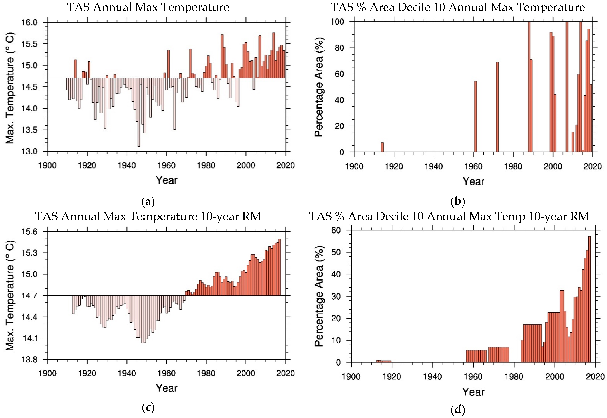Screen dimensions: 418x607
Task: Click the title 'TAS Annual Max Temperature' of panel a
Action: tap(148, 7)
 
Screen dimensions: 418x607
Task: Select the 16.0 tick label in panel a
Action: tap(29, 22)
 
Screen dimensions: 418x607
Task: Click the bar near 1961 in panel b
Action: tap(475, 116)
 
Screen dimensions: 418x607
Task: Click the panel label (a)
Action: tap(148, 202)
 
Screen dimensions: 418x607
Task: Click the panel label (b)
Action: tap(458, 202)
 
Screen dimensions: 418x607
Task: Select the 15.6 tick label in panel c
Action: tap(29, 232)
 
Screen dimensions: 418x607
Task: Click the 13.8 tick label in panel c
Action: tap(29, 359)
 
